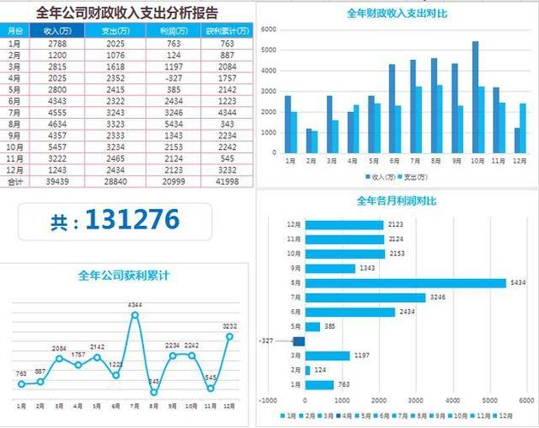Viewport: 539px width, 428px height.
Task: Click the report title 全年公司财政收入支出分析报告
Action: pos(127,13)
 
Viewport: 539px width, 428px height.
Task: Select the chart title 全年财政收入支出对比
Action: pos(396,14)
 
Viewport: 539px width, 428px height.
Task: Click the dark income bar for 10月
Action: pos(476,97)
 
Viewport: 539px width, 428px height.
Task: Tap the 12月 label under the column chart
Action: pos(518,160)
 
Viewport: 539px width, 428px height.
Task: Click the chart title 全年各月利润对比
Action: pos(396,201)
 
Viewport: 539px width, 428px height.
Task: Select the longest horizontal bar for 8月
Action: pos(406,282)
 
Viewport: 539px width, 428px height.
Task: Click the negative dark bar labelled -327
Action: pos(299,341)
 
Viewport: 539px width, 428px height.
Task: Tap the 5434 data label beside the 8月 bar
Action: pos(518,282)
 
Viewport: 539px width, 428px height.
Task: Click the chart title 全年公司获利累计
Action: pos(123,276)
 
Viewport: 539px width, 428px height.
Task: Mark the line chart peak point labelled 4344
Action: pos(134,315)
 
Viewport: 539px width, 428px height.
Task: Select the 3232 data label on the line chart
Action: pos(229,326)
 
